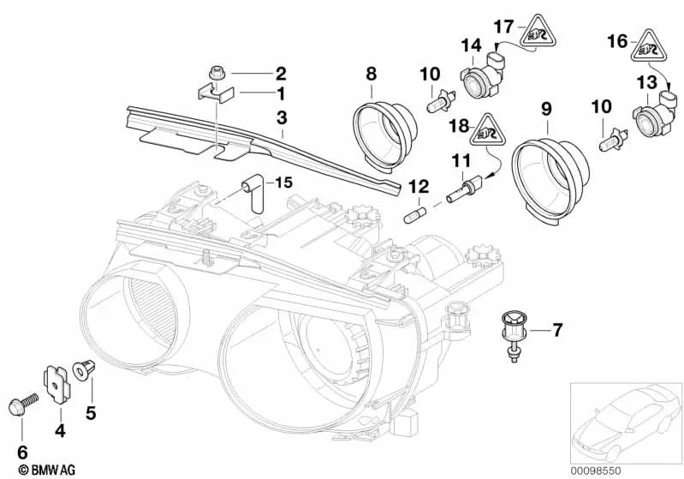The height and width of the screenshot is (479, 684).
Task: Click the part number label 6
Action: point(23,450)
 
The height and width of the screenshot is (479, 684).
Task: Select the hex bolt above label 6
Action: point(22,403)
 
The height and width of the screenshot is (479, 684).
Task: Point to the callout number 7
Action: point(557,328)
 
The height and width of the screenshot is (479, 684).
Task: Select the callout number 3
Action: point(280,114)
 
